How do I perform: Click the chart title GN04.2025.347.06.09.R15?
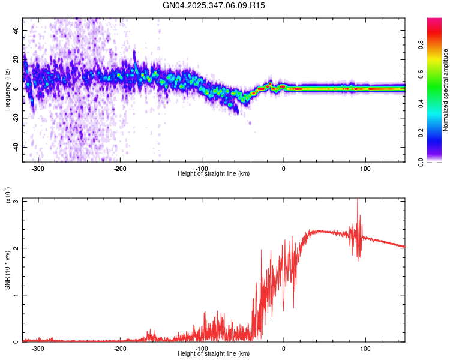coord(214,5)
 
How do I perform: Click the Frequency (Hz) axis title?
coord(8,89)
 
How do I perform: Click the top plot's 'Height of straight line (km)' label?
coord(214,173)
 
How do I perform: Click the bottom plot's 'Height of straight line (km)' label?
coord(214,353)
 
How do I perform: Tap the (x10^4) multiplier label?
coord(8,195)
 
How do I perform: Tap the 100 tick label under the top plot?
coord(365,168)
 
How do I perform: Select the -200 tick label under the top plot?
coord(120,168)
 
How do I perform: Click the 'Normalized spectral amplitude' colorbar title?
coord(445,90)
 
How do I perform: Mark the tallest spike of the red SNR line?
coord(358,200)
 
